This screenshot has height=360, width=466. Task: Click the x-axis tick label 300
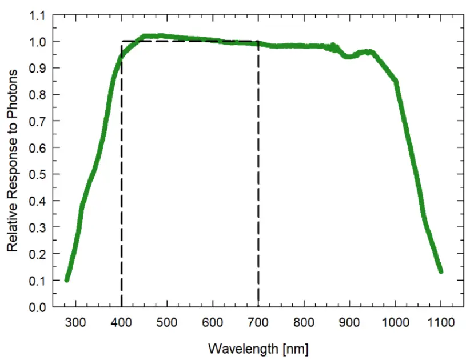75,322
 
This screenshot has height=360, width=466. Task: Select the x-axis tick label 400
121,322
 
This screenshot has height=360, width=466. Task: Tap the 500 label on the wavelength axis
166,322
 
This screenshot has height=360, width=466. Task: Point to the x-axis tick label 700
258,322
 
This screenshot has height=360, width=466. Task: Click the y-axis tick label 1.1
37,15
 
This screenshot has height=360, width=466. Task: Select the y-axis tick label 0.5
37,174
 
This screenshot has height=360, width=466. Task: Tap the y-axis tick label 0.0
37,307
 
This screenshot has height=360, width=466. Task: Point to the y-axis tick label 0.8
37,95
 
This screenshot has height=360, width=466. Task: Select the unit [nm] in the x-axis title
296,348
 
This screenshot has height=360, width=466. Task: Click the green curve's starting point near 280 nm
67,279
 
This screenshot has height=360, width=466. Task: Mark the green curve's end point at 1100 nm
440,270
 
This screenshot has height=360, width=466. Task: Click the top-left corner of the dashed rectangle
122,41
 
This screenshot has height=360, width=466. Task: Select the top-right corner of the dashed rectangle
258,41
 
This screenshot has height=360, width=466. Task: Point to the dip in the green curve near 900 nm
348,57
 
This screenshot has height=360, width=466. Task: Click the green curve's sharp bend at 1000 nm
395,81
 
